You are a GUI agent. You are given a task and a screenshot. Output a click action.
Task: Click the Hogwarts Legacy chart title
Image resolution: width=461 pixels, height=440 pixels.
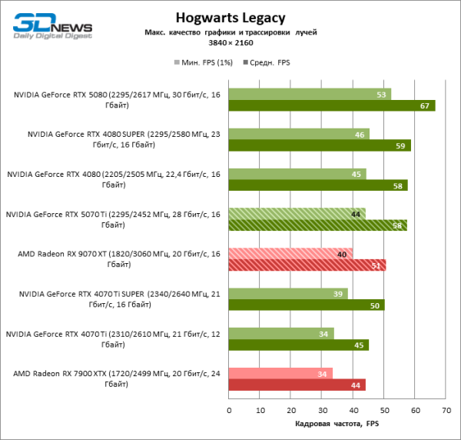pos(230,17)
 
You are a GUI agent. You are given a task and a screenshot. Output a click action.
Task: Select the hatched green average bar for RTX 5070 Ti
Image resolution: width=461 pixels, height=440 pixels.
pos(317,225)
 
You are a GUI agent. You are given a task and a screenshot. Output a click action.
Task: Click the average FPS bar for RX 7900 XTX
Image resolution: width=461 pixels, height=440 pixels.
pos(297,385)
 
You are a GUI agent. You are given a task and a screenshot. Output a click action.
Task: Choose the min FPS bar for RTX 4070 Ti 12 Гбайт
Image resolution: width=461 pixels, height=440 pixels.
pos(280,333)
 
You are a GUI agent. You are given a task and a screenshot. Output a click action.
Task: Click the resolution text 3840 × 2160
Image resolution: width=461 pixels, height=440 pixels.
pos(230,43)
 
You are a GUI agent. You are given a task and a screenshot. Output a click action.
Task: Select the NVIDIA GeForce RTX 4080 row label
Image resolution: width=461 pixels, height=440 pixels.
pos(114,179)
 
